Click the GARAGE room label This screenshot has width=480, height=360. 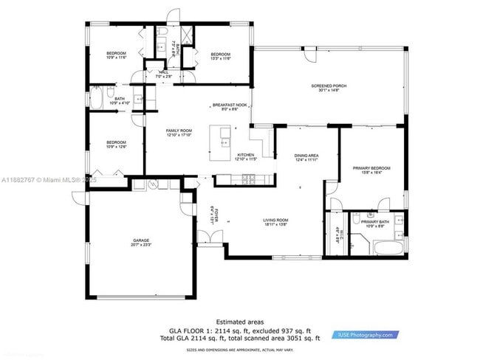click(x=142, y=240)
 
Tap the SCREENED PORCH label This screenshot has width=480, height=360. click(x=329, y=86)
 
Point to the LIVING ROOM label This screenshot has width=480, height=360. click(x=275, y=220)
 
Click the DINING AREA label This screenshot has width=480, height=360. click(x=306, y=155)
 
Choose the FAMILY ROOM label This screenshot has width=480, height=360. click(x=179, y=131)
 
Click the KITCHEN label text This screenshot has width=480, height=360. click(x=244, y=155)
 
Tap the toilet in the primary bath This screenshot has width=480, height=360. click(x=356, y=218)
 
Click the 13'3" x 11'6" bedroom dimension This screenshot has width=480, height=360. click(x=221, y=58)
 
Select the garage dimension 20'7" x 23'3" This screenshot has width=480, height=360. click(x=142, y=244)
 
